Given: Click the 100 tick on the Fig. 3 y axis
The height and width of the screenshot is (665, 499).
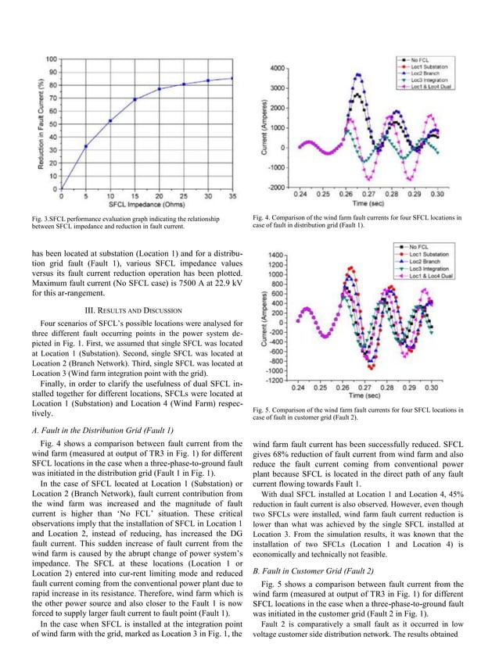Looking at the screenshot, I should point(50,59).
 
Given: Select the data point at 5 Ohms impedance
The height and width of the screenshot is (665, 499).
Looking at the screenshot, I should point(86,146).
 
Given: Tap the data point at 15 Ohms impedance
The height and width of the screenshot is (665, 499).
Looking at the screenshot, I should point(135,99).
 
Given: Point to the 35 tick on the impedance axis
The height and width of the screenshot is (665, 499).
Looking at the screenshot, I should point(232,196).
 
